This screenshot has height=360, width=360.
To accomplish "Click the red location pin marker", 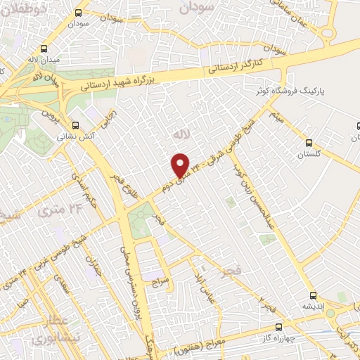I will click(181, 165).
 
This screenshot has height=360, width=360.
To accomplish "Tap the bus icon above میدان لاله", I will click(45, 49).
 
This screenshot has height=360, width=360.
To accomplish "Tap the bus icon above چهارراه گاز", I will click(279, 327).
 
